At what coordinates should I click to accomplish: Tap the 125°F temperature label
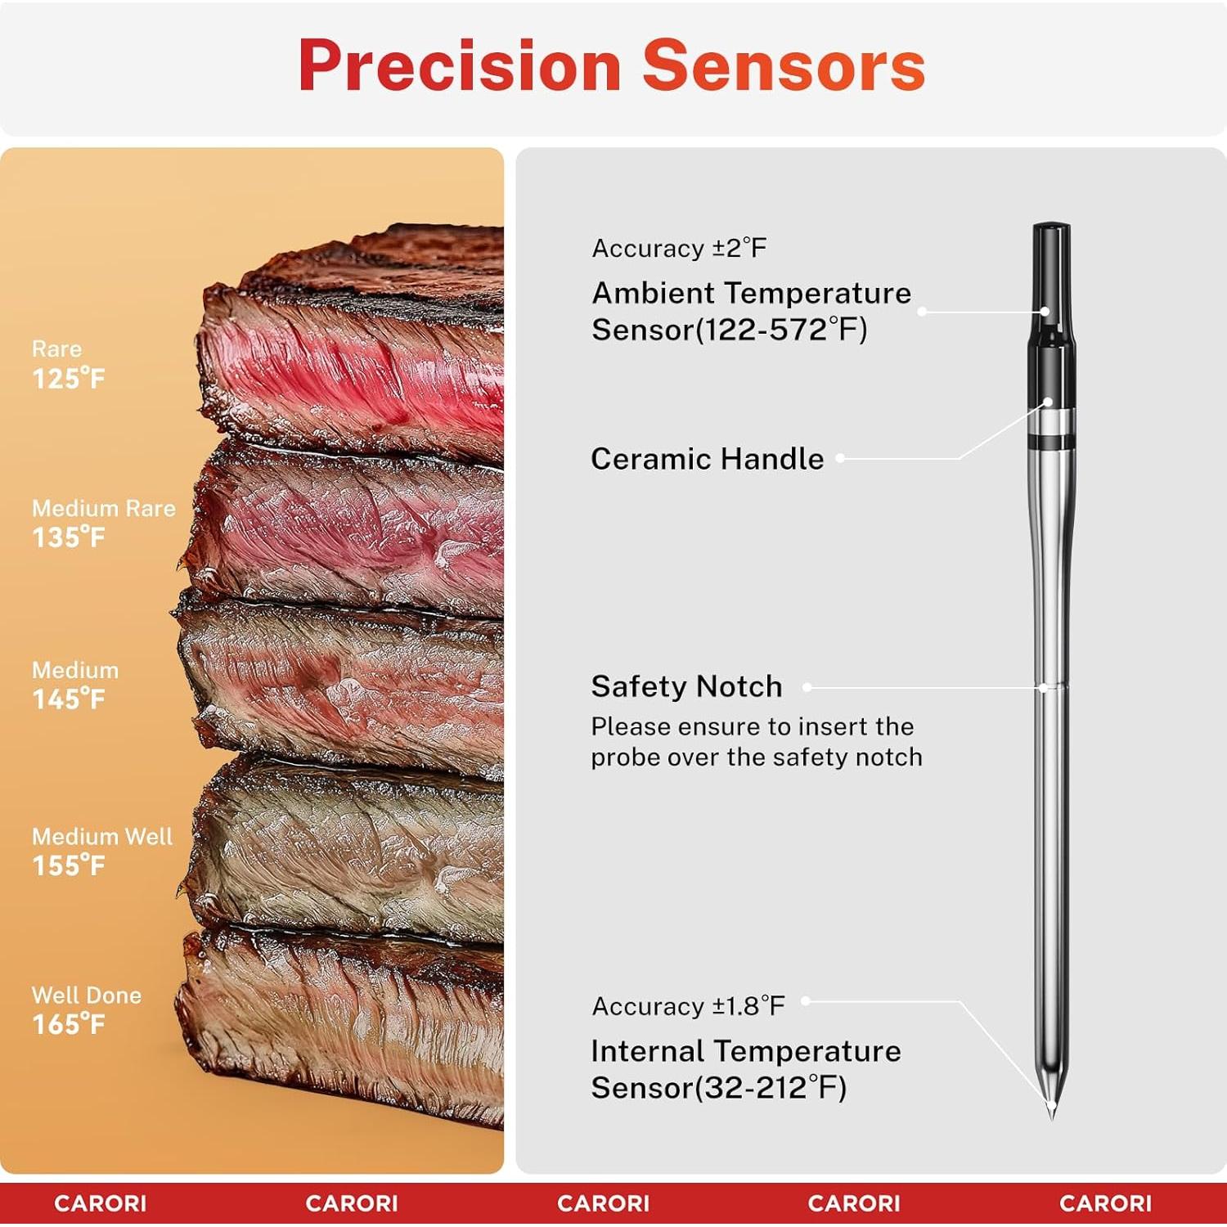coord(69,379)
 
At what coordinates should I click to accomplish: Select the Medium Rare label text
coord(104,508)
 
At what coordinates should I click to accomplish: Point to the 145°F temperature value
coord(69,699)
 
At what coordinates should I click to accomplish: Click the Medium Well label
coord(102,836)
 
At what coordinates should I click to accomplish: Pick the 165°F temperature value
coord(69,1024)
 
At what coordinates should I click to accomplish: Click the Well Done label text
coord(87,995)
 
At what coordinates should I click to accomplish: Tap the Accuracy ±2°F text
coord(679,248)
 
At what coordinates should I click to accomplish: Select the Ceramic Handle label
coord(708,459)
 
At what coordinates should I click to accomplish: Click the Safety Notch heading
coord(686,686)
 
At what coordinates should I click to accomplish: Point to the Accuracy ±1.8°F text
coord(688,1006)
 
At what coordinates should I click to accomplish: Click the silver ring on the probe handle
coord(1051,422)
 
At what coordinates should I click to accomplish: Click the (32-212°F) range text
coord(771,1088)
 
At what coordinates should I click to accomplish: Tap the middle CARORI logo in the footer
coord(603,1203)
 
